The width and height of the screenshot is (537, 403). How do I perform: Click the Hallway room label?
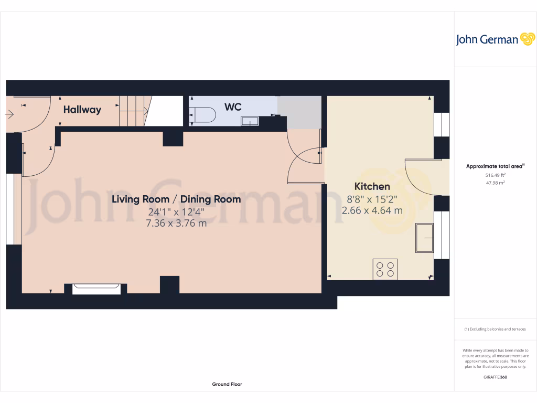click(82, 110)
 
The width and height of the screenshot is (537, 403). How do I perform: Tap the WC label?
click(233, 107)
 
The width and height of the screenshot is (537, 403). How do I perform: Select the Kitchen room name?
click(372, 186)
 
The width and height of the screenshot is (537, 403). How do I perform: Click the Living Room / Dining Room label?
click(177, 199)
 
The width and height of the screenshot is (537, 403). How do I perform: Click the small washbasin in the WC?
click(249, 121)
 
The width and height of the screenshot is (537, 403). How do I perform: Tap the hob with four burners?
click(385, 269)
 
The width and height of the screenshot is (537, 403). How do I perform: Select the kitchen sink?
click(424, 238)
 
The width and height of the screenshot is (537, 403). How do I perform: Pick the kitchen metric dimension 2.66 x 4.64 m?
click(372, 210)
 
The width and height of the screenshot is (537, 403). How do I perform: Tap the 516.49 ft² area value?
click(495, 175)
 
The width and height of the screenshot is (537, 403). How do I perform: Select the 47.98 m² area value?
click(495, 183)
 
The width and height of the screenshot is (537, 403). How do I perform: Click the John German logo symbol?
click(527, 39)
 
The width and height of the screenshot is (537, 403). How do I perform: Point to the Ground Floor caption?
click(227, 384)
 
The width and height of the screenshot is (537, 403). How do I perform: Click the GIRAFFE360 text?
click(495, 377)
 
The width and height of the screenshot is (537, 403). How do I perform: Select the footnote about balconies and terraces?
click(495, 329)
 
